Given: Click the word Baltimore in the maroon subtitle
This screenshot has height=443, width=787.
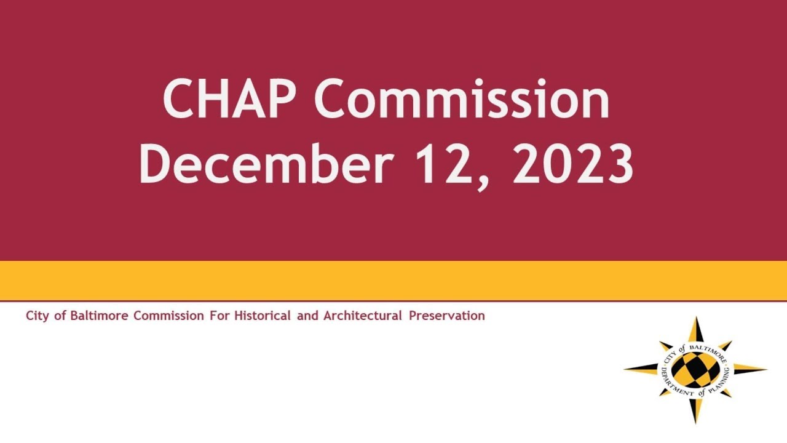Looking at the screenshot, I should [99, 316].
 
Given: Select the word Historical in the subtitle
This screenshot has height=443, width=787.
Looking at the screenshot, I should [263, 316].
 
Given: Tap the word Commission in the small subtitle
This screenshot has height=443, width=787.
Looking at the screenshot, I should [168, 316].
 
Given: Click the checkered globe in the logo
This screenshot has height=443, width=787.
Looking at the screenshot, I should [695, 370].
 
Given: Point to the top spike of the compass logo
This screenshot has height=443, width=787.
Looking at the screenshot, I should [696, 329].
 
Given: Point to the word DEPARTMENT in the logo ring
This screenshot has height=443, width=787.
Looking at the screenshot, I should [673, 384].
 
